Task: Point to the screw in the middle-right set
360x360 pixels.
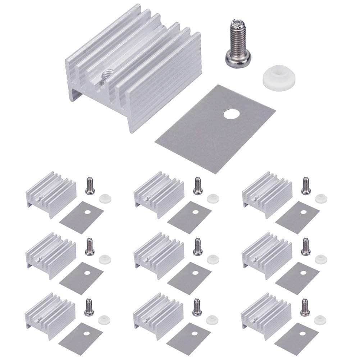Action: point(306,246)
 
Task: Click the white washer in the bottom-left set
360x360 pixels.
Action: point(104,320)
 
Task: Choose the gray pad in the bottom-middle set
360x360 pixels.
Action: point(189,338)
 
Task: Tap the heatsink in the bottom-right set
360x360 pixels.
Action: point(266,315)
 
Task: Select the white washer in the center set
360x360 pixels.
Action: point(212,259)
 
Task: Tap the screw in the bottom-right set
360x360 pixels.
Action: point(306,307)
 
